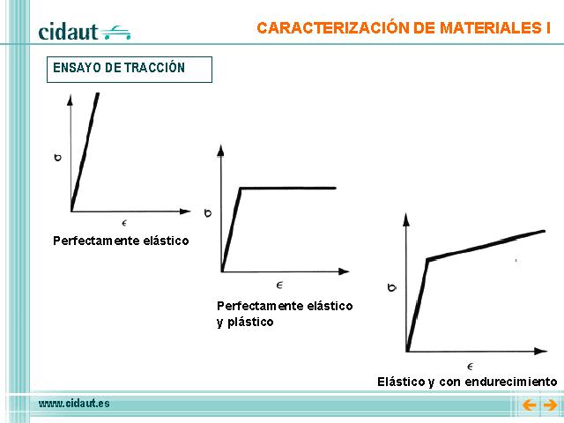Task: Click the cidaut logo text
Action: pos(68,32)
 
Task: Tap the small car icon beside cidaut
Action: pos(115,33)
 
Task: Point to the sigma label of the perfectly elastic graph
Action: pos(57,158)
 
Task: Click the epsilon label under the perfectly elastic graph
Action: pos(124,223)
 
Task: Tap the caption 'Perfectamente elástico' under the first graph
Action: pos(121,241)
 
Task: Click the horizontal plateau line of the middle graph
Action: pos(288,188)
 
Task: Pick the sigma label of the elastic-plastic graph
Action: pos(208,213)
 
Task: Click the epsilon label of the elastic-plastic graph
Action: pos(279,286)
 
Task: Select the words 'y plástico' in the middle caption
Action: pos(245,322)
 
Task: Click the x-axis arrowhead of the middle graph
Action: pos(345,271)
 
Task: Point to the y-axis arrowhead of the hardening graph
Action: pos(406,219)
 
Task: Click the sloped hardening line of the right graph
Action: pos(486,245)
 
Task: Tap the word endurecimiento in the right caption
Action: pos(511,382)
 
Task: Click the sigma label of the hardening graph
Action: pos(392,287)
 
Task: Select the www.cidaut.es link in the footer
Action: pos(74,404)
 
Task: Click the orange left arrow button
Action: pos(529,405)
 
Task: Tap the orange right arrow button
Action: pos(550,405)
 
